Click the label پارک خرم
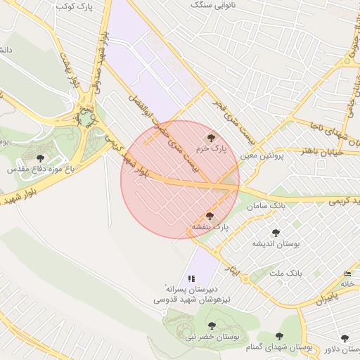point(212,149)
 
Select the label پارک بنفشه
point(210,228)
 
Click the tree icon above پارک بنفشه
point(210,216)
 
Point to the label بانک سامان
point(265,205)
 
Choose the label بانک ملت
point(285,272)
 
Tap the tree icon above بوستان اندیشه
point(276,232)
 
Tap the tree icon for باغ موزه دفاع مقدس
point(39,158)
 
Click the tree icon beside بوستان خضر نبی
point(212,326)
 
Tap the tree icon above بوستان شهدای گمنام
point(279,337)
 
